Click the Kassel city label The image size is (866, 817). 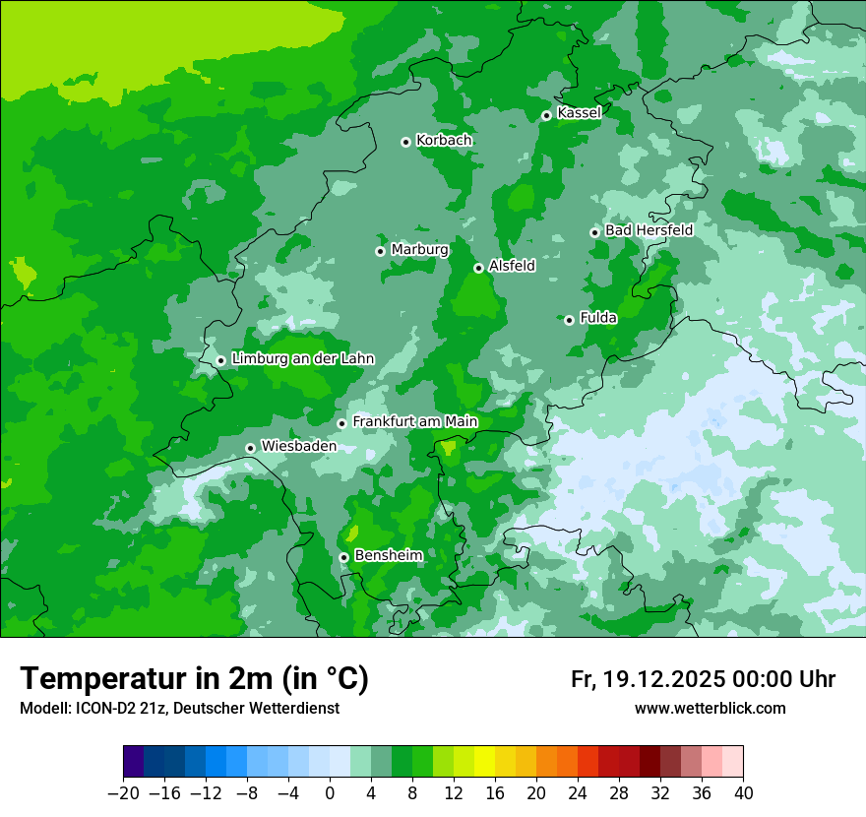click(x=579, y=113)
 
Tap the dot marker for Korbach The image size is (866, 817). click(x=405, y=142)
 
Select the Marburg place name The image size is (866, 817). click(x=419, y=250)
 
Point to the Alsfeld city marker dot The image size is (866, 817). click(x=478, y=268)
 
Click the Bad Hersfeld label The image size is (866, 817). click(x=649, y=230)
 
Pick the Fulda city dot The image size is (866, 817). click(x=569, y=320)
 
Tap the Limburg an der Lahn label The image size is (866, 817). click(x=302, y=359)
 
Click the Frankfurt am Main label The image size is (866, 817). click(x=414, y=422)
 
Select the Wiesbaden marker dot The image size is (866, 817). click(x=251, y=448)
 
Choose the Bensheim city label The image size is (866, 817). click(x=388, y=556)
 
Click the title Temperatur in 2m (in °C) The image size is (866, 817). click(x=194, y=678)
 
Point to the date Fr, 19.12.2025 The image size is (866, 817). click(x=647, y=679)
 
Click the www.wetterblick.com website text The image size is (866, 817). click(x=710, y=708)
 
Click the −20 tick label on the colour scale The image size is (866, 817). click(x=123, y=793)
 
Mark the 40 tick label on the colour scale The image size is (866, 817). click(x=743, y=793)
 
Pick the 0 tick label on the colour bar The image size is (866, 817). click(x=330, y=793)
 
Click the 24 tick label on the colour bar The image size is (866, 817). click(x=578, y=793)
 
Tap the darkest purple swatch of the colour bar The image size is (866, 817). click(x=134, y=762)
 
